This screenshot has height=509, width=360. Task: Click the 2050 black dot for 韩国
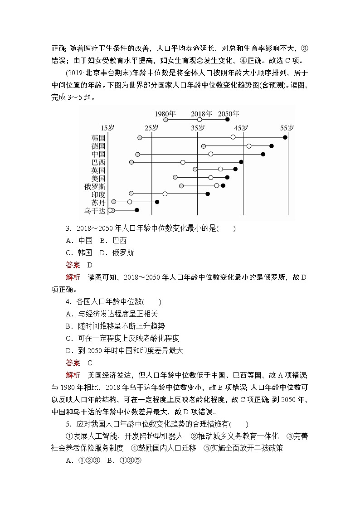point(285,137)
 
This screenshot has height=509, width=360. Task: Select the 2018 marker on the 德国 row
point(249,145)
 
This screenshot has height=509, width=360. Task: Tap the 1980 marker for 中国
point(137,154)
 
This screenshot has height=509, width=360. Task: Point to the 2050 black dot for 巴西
point(241,162)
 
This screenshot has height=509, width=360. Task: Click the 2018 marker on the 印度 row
point(165,194)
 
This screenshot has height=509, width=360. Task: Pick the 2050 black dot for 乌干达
point(136,210)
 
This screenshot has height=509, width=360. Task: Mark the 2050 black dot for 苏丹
point(157,202)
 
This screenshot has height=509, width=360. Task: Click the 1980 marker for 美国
point(175,177)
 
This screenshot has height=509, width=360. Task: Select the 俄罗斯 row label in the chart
point(95,186)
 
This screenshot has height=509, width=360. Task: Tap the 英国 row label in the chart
point(98,170)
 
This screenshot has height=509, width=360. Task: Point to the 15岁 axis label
point(107,128)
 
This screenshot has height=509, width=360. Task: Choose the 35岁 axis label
point(197,128)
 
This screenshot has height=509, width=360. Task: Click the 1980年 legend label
point(165,113)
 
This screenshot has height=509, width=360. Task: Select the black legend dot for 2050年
point(228,120)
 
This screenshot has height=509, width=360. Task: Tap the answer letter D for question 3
point(90,265)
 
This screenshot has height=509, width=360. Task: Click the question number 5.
point(68,424)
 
